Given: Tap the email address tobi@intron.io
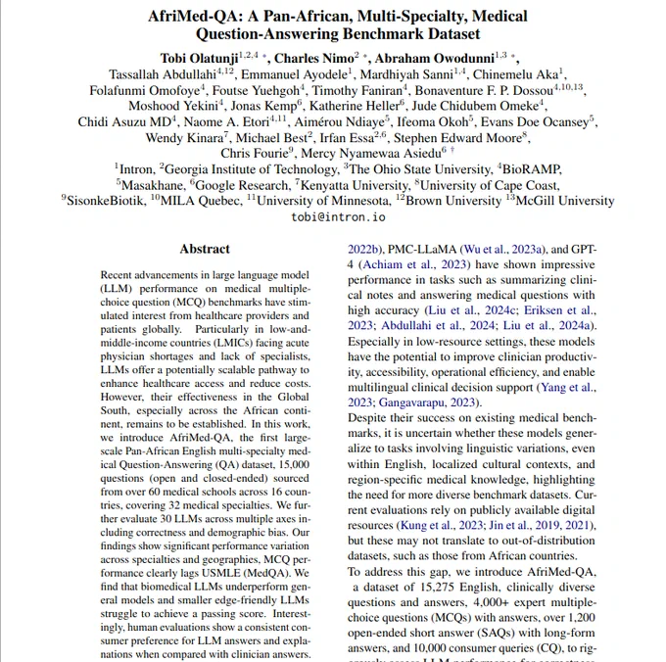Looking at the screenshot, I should [x=333, y=216].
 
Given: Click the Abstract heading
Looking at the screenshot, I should [x=206, y=249].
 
